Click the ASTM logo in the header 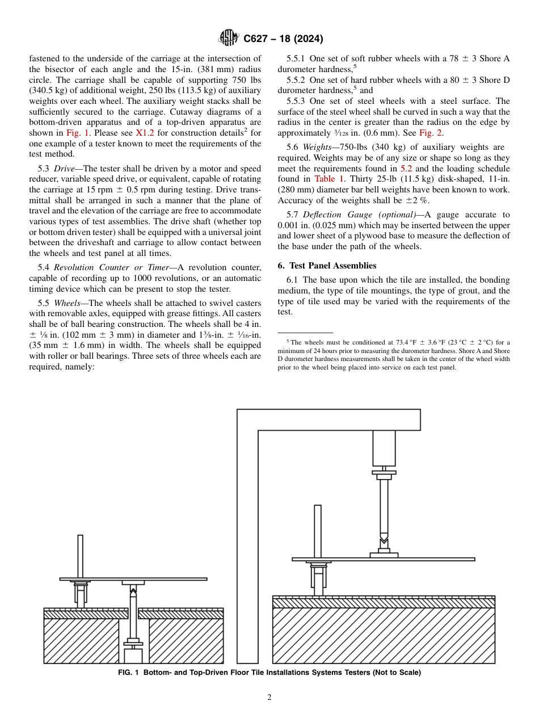pyautogui.click(x=229, y=39)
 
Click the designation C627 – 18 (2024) pyautogui.click(x=283, y=39)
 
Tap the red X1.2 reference pyautogui.click(x=145, y=133)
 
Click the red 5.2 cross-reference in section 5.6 pyautogui.click(x=406, y=169)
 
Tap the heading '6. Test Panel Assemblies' pyautogui.click(x=327, y=266)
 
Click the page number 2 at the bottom pyautogui.click(x=269, y=698)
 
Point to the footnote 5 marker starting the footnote pyautogui.click(x=288, y=341)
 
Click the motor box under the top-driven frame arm pyautogui.click(x=384, y=448)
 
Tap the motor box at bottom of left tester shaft pyautogui.click(x=133, y=656)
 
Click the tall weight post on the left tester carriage pyautogui.click(x=81, y=556)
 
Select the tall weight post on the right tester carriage pyautogui.click(x=318, y=531)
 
